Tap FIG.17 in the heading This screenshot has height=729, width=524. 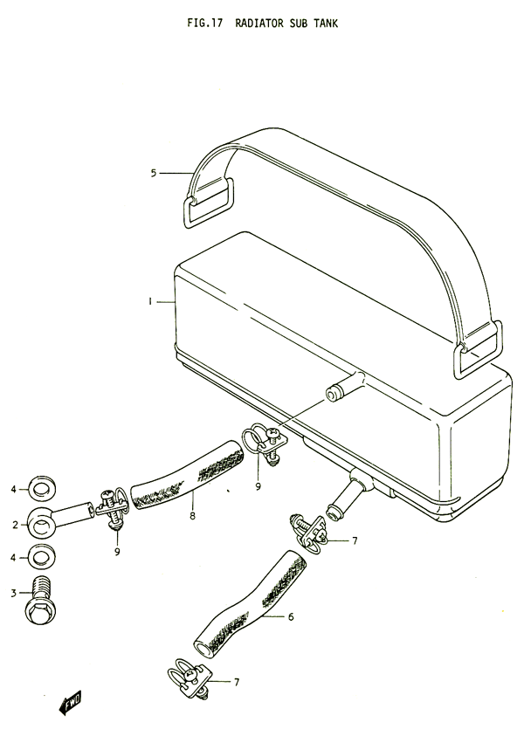(x=204, y=23)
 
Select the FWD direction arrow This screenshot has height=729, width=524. (x=71, y=702)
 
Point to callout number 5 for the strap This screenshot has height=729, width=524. (x=154, y=174)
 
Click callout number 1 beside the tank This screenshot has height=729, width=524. (x=150, y=302)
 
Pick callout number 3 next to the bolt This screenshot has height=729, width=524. (x=13, y=593)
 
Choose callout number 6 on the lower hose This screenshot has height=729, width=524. (x=291, y=616)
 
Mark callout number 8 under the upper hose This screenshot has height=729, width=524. (x=192, y=515)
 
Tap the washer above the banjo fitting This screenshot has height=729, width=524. (x=42, y=489)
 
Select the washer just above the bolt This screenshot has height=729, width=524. (x=41, y=556)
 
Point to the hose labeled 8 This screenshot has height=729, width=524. (x=187, y=475)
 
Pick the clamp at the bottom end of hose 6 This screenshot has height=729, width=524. (x=190, y=677)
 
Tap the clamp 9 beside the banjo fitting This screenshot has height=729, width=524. (x=113, y=508)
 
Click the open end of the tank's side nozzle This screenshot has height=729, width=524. (x=331, y=396)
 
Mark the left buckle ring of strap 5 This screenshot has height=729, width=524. (x=209, y=203)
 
